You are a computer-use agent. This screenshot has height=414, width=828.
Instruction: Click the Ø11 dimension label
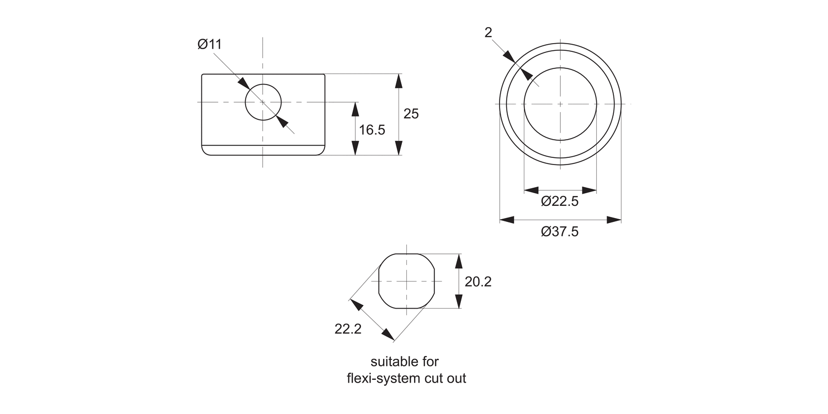click(209, 45)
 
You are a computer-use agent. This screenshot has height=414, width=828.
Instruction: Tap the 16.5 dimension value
click(371, 130)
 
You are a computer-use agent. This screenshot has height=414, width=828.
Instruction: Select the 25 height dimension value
click(411, 114)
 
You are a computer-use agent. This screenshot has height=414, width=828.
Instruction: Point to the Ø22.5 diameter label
click(560, 201)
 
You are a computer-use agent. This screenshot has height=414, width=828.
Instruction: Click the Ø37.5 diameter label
click(560, 231)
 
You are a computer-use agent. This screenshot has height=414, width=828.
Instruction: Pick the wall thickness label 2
click(488, 33)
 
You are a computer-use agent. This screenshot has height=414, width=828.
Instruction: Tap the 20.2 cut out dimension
click(477, 282)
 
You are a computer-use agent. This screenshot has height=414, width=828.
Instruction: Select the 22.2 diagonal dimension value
click(348, 329)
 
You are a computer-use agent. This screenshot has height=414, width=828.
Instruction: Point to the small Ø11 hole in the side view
click(263, 102)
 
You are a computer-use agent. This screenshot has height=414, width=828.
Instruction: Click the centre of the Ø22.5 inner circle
click(560, 104)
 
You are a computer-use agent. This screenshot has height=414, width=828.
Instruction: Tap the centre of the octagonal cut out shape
click(406, 281)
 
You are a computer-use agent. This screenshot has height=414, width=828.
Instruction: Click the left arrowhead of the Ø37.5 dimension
click(506, 220)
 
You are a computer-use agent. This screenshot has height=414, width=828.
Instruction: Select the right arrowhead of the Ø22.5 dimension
click(590, 190)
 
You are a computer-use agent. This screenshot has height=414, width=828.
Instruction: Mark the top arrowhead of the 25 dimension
click(399, 81)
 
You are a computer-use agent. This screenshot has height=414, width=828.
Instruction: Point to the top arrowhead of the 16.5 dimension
click(355, 109)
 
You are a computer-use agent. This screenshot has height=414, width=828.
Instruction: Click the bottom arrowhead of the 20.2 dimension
click(458, 302)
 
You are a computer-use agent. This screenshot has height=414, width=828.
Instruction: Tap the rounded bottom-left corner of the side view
click(205, 151)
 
